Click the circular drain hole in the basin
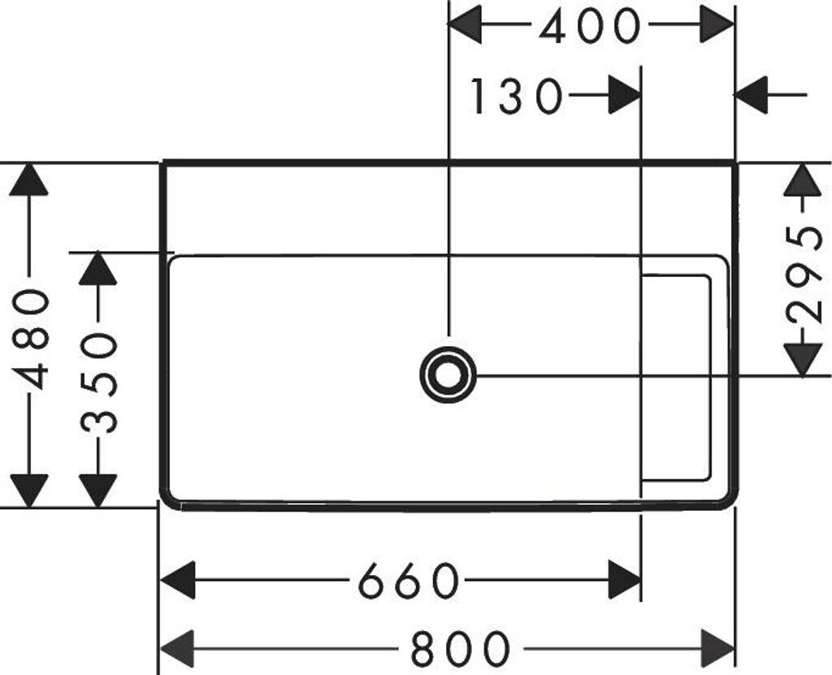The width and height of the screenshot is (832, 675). pos(447,374)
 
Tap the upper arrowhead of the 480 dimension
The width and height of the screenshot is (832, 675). pos(29,180)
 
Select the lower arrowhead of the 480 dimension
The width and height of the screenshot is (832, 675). pos(29,490)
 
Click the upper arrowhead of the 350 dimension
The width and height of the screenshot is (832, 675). pos(98,269)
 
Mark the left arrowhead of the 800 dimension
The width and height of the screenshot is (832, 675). pos(177,648)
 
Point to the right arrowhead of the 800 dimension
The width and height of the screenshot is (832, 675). pos(717,648)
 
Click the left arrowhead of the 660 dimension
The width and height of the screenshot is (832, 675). pos(177,580)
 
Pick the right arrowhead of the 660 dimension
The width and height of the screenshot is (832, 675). pos(625,580)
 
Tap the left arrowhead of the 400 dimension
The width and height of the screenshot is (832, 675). pos(466,24)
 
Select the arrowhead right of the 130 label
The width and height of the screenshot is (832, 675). pos(624,96)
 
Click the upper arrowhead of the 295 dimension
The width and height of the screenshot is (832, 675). pos(803,180)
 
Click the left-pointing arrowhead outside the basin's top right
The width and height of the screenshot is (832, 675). pos(752,96)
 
